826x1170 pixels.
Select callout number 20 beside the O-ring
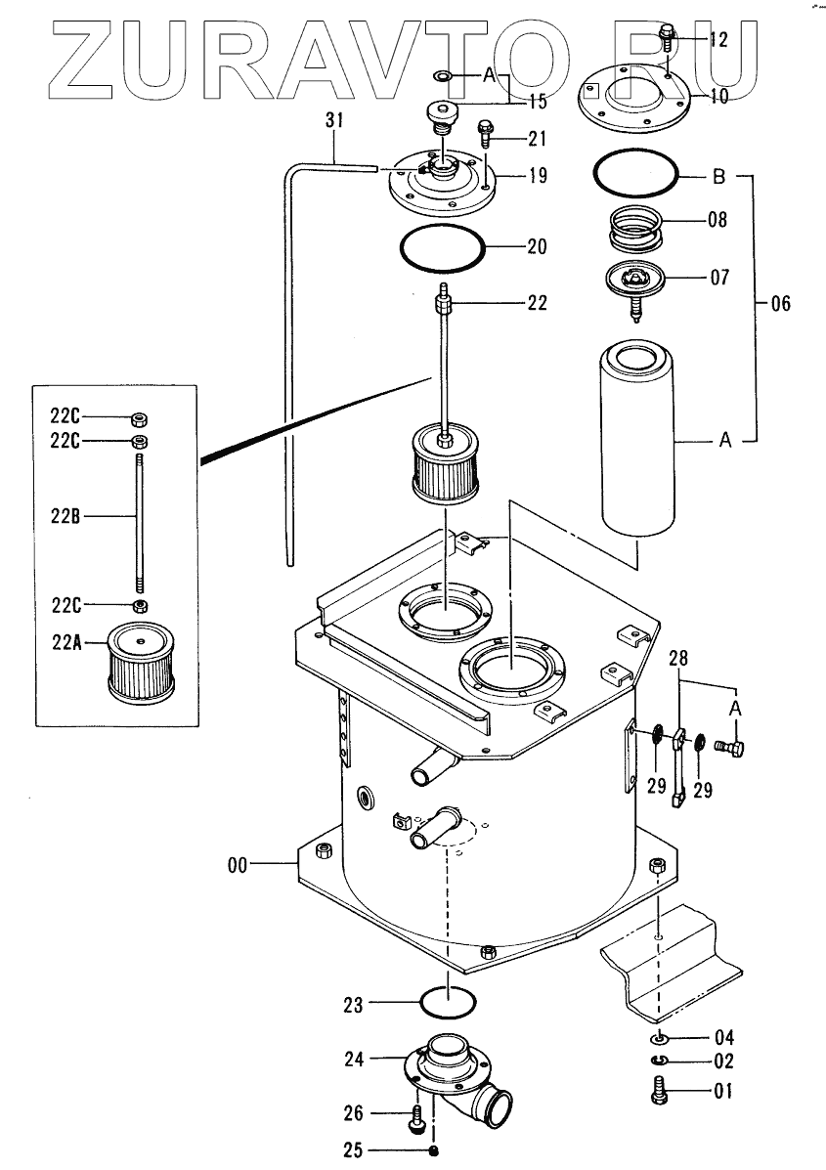[537, 246]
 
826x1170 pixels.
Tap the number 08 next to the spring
[717, 221]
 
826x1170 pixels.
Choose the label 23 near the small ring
[353, 1004]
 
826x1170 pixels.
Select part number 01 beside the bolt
[722, 1092]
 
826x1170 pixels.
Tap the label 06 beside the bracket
[780, 304]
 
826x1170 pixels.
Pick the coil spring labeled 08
[637, 229]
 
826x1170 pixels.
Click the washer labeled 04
[659, 1037]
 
